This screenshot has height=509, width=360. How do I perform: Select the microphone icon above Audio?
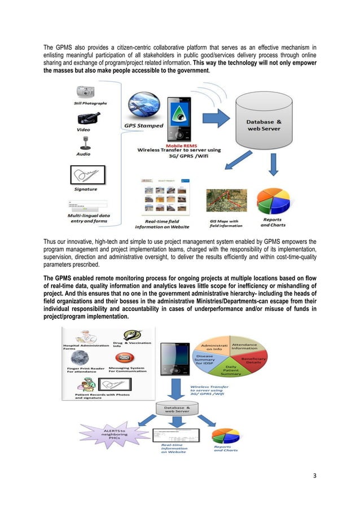click(84, 142)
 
